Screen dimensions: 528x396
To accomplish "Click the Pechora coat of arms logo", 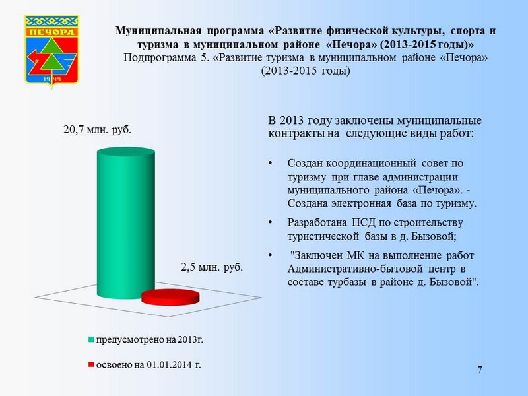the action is pyautogui.click(x=52, y=51).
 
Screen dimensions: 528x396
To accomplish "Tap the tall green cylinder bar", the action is pyautogui.click(x=126, y=223).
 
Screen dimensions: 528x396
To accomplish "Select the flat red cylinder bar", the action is pyautogui.click(x=170, y=297).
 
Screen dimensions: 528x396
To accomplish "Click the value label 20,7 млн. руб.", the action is pyautogui.click(x=97, y=129).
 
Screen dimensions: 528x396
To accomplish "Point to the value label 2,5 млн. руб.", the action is pyautogui.click(x=212, y=267).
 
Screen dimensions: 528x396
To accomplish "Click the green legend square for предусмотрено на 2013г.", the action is pyautogui.click(x=91, y=339).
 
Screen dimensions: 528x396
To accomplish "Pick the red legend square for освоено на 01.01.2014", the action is pyautogui.click(x=91, y=365).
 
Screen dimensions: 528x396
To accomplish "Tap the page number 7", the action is pyautogui.click(x=480, y=370).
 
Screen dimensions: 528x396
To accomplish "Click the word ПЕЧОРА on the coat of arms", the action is pyautogui.click(x=52, y=32).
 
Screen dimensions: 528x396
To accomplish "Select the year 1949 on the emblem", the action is pyautogui.click(x=52, y=79).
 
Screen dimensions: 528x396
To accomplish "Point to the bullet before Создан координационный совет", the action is pyautogui.click(x=270, y=163).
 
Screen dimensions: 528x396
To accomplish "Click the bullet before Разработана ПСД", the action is pyautogui.click(x=270, y=222).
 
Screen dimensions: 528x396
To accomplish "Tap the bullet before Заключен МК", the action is pyautogui.click(x=270, y=255).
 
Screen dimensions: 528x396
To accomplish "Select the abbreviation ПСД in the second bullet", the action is pyautogui.click(x=364, y=222).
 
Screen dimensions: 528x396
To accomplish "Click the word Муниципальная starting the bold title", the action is pyautogui.click(x=158, y=30).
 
